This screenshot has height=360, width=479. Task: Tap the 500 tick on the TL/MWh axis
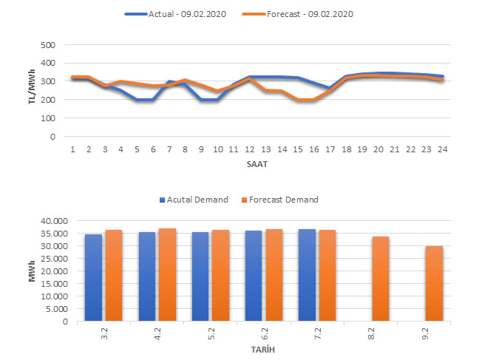tap(48, 45)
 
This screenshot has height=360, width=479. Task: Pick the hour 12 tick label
tap(251, 149)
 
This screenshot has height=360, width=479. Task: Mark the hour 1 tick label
tap(73, 149)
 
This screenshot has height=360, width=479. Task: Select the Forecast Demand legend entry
tap(282, 200)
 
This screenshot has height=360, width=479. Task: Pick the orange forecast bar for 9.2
tap(435, 284)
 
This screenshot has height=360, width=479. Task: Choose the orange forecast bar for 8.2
tap(381, 279)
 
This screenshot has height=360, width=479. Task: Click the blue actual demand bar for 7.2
tap(307, 275)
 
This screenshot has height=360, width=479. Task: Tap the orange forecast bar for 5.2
tap(220, 276)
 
